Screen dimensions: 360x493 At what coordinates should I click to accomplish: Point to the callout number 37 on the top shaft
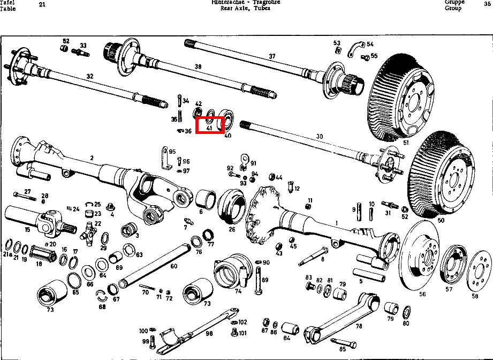point(272,56)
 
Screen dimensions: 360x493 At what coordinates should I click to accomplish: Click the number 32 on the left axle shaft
point(90,77)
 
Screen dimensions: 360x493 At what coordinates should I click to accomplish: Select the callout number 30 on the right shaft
point(320,137)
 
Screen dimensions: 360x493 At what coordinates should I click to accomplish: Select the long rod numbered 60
point(161,262)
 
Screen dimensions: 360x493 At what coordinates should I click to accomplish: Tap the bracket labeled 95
point(164,159)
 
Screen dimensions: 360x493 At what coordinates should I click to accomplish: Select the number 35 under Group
point(487,3)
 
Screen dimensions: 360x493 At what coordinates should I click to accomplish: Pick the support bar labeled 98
point(198,328)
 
